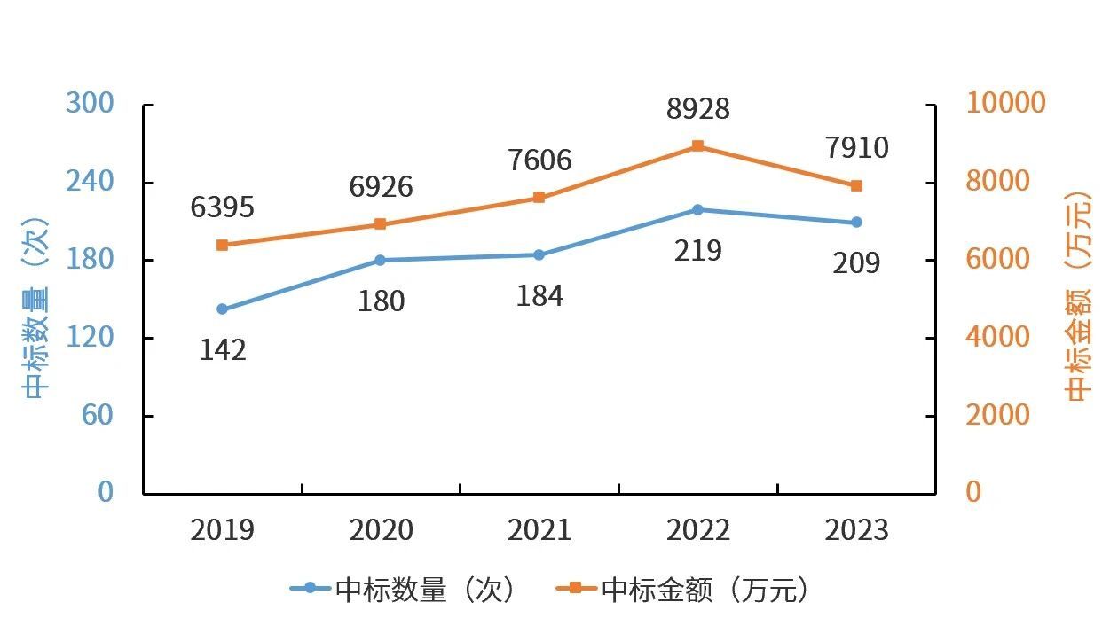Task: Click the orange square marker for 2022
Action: pyautogui.click(x=697, y=146)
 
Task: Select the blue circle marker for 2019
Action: pyautogui.click(x=222, y=309)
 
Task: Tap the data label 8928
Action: pyautogui.click(x=697, y=109)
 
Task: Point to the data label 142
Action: pyautogui.click(x=222, y=350)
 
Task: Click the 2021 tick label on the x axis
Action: pyautogui.click(x=539, y=530)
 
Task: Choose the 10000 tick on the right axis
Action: pyautogui.click(x=1005, y=103)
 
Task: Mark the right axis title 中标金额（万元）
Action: pyautogui.click(x=1078, y=297)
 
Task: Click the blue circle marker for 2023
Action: pyautogui.click(x=856, y=223)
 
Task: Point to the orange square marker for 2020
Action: pyautogui.click(x=380, y=224)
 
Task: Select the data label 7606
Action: pyautogui.click(x=539, y=160)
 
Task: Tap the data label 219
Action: pyautogui.click(x=697, y=251)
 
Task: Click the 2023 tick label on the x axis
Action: pyautogui.click(x=856, y=530)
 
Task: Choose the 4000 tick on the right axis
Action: pyautogui.click(x=997, y=338)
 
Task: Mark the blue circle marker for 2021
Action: pyautogui.click(x=539, y=255)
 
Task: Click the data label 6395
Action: pyautogui.click(x=222, y=207)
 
